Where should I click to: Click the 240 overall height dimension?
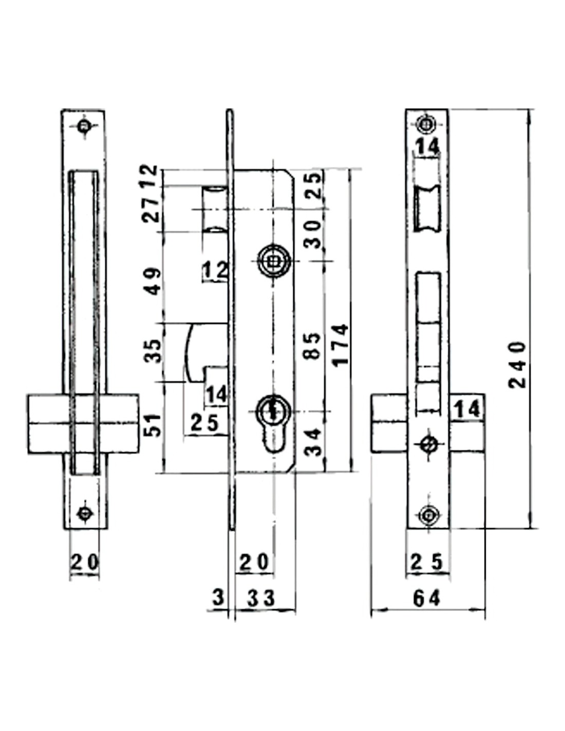(x=517, y=365)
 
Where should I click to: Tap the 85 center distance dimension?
(x=313, y=346)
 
